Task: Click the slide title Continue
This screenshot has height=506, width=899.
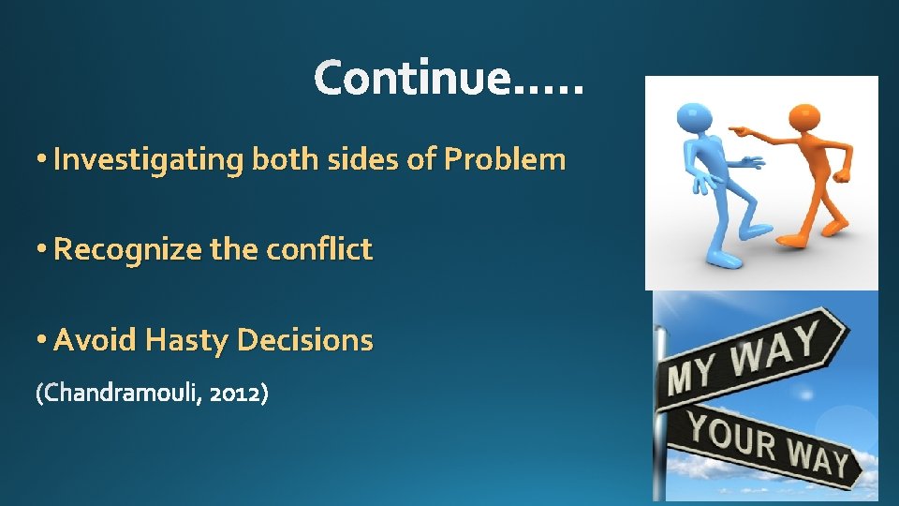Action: click(x=449, y=77)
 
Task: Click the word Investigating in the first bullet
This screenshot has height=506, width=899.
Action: click(x=148, y=160)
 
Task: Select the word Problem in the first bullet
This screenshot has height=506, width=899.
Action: click(x=505, y=159)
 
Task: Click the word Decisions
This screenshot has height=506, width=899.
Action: click(x=305, y=339)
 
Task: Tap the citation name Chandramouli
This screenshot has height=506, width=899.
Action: click(x=118, y=394)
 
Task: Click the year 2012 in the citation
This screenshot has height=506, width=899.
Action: click(x=234, y=394)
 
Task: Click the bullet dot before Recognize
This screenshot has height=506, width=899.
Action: click(x=42, y=250)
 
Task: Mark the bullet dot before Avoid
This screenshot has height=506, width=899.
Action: click(x=42, y=340)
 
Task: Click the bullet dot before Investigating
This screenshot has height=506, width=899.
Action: click(x=42, y=160)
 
